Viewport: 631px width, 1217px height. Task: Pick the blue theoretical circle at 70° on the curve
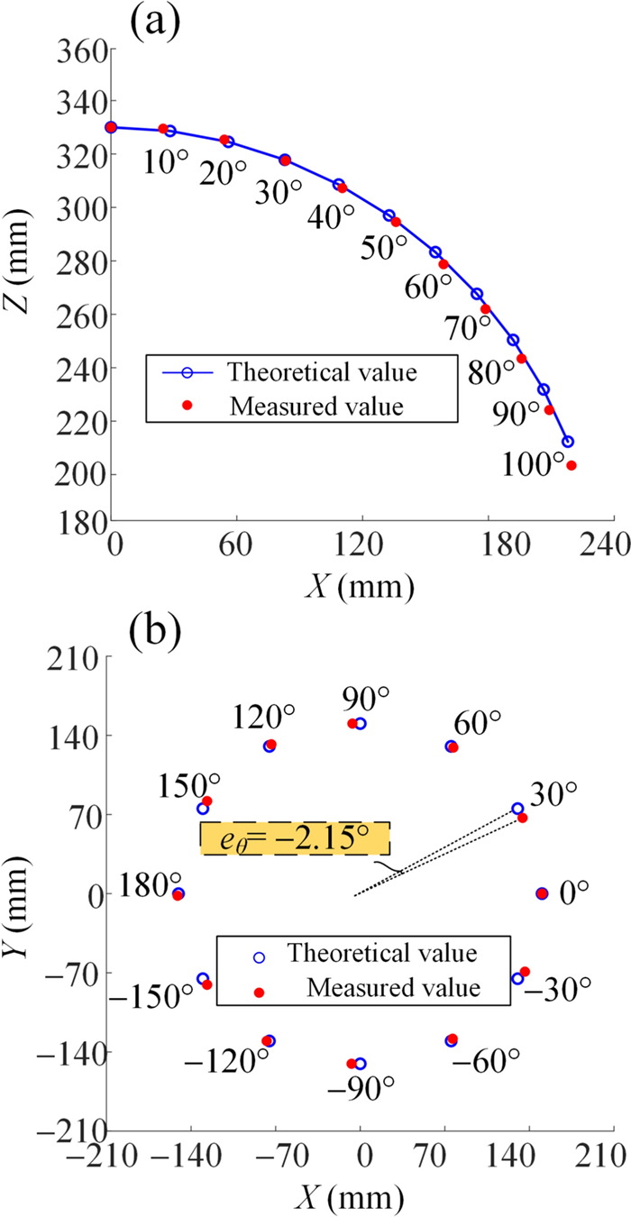(477, 295)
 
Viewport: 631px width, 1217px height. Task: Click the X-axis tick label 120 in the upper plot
(361, 545)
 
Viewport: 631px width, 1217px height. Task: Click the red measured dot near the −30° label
(525, 972)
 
